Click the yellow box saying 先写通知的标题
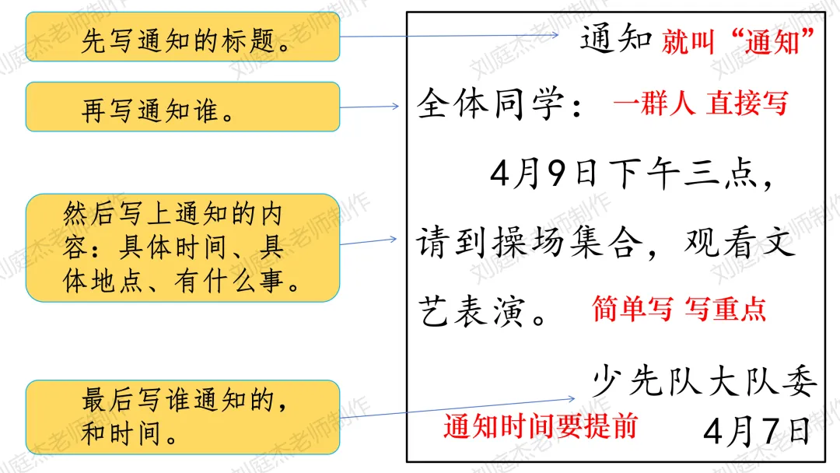(x=183, y=37)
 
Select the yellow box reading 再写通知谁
(x=183, y=107)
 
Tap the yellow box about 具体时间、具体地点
(x=183, y=247)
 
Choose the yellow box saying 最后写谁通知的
(x=183, y=417)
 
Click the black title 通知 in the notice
(x=615, y=38)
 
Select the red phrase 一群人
(x=653, y=103)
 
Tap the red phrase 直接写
(x=747, y=103)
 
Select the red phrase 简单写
(x=632, y=309)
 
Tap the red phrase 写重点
(x=725, y=309)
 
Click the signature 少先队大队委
(x=705, y=382)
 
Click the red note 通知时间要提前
(x=540, y=426)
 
